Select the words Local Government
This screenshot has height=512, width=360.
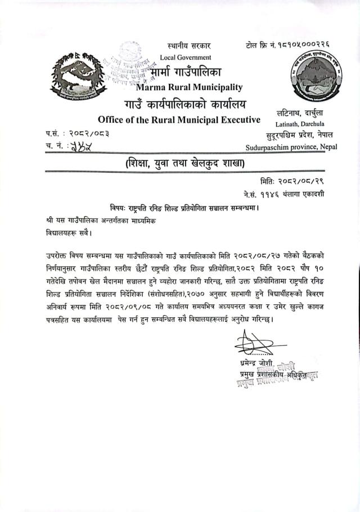pos(186,57)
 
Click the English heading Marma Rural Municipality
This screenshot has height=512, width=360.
pos(189,87)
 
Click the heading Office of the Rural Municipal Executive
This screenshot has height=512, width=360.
pos(179,119)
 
